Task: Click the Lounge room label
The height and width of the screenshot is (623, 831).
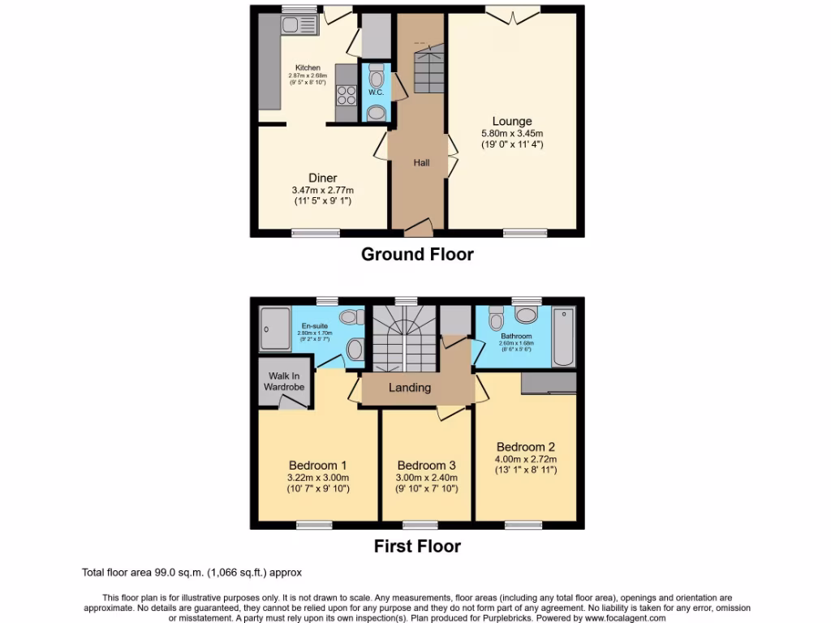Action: (x=511, y=122)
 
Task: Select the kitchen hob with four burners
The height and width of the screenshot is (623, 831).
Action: (x=347, y=95)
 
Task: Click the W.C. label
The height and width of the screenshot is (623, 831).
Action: (x=376, y=92)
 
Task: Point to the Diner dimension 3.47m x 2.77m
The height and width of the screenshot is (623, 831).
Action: (x=322, y=190)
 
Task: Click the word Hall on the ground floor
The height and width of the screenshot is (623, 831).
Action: (x=421, y=162)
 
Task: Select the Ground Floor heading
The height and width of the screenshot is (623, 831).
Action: (x=417, y=254)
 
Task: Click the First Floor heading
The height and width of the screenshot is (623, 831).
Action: (x=417, y=546)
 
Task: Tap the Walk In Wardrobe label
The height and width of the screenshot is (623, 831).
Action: (x=283, y=381)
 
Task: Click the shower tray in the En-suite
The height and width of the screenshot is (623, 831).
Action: (x=274, y=329)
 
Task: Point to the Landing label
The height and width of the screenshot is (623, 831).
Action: (x=410, y=388)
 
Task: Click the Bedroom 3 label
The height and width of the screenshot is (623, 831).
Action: (x=426, y=465)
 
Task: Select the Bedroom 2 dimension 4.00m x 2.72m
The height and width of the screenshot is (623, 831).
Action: (x=526, y=458)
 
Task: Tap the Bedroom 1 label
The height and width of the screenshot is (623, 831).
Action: (x=318, y=465)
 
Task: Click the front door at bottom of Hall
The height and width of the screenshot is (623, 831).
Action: (x=418, y=225)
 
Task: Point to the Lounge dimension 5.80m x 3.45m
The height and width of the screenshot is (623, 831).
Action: (x=511, y=134)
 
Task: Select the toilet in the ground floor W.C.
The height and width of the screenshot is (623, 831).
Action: (x=377, y=78)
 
